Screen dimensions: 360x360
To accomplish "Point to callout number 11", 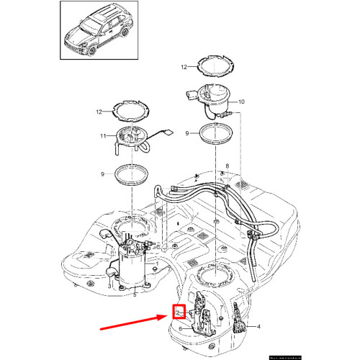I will coord(103,136).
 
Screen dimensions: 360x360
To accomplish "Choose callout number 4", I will coord(260,328).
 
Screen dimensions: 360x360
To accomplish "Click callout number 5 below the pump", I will coord(135,294).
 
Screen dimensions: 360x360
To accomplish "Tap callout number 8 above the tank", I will coord(228,166).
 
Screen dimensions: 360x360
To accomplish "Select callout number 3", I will coord(109,285).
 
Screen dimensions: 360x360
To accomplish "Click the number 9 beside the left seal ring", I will coord(103,173).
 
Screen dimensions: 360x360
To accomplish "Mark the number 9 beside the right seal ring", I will coord(187,133).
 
